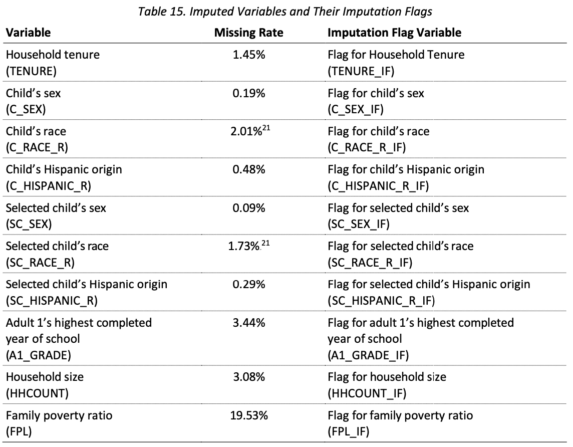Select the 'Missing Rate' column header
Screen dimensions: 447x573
coord(248,33)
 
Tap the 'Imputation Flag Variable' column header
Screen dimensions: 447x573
coord(394,33)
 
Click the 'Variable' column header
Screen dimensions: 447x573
coord(28,33)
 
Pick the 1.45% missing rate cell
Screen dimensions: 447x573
coord(248,54)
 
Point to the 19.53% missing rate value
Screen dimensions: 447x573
coord(248,415)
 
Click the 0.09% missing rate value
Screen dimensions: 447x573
coord(248,207)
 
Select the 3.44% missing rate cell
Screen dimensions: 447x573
coord(248,323)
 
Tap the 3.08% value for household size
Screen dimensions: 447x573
coord(248,377)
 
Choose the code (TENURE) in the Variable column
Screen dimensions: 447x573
coord(29,71)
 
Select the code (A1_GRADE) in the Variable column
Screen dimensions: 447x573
coord(38,355)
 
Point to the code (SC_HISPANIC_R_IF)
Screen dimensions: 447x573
coord(381,301)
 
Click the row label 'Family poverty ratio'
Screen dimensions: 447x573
coord(52,415)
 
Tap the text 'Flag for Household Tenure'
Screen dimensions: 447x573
coord(396,54)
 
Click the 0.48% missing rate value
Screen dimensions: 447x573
coord(248,169)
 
